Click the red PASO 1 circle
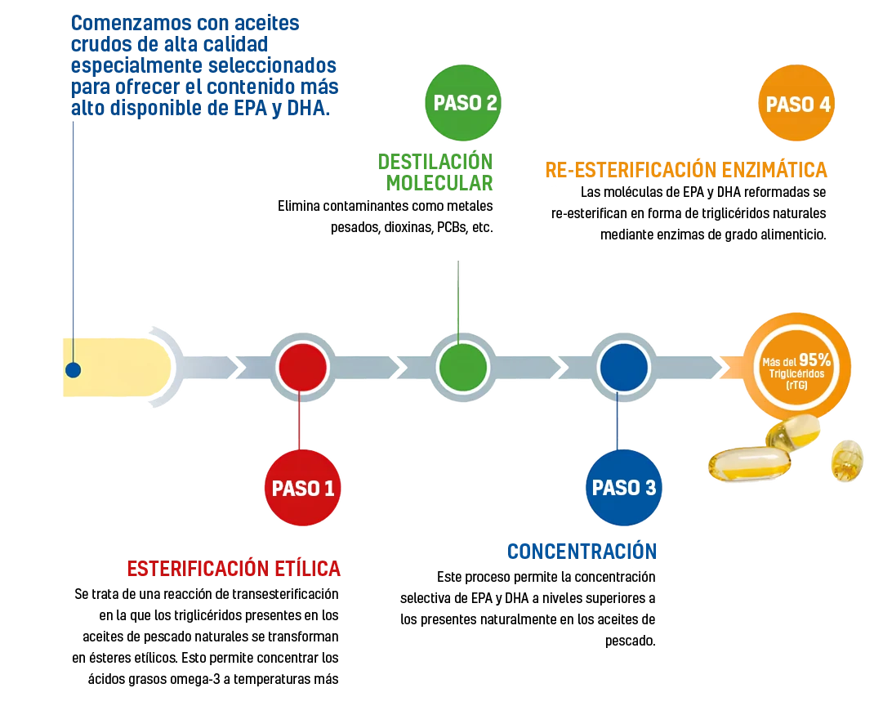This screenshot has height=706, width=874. pos(302,488)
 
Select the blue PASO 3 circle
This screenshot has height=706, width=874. pos(623,488)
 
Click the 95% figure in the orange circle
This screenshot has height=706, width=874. pos(814,359)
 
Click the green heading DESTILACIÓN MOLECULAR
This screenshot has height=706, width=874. pos(438,172)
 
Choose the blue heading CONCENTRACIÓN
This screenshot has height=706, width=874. pos(582,552)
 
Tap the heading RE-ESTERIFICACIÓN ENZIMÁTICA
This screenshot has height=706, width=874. pos(685,170)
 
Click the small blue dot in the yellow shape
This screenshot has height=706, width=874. pos(73,370)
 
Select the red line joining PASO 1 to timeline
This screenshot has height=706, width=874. pos(302,420)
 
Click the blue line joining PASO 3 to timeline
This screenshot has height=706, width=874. pos(618,425)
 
